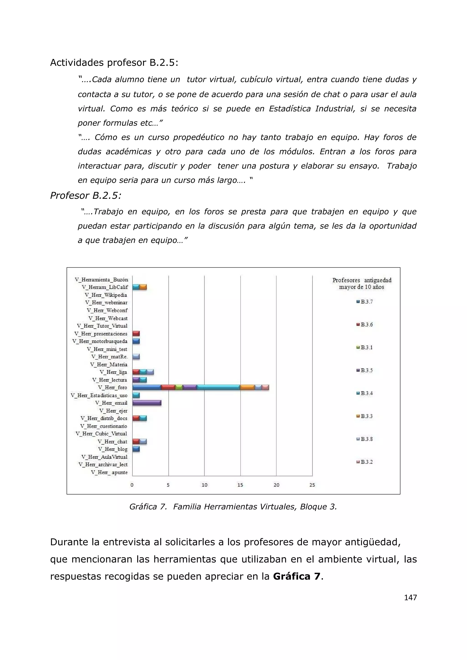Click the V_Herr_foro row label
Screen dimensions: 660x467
[112, 387]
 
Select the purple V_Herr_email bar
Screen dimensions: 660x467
[147, 403]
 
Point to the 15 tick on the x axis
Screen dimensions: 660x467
[240, 485]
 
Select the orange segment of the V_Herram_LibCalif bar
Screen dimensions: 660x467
[143, 287]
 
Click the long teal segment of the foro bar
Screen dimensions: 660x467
[218, 387]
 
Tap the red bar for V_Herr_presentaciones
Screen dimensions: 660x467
[136, 333]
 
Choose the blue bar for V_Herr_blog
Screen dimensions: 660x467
[136, 449]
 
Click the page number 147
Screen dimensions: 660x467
[410, 598]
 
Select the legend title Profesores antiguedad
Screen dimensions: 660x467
[362, 280]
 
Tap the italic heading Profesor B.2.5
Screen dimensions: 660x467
[86, 196]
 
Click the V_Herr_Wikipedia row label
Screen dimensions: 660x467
[106, 295]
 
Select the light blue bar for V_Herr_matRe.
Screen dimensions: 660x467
[136, 357]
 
